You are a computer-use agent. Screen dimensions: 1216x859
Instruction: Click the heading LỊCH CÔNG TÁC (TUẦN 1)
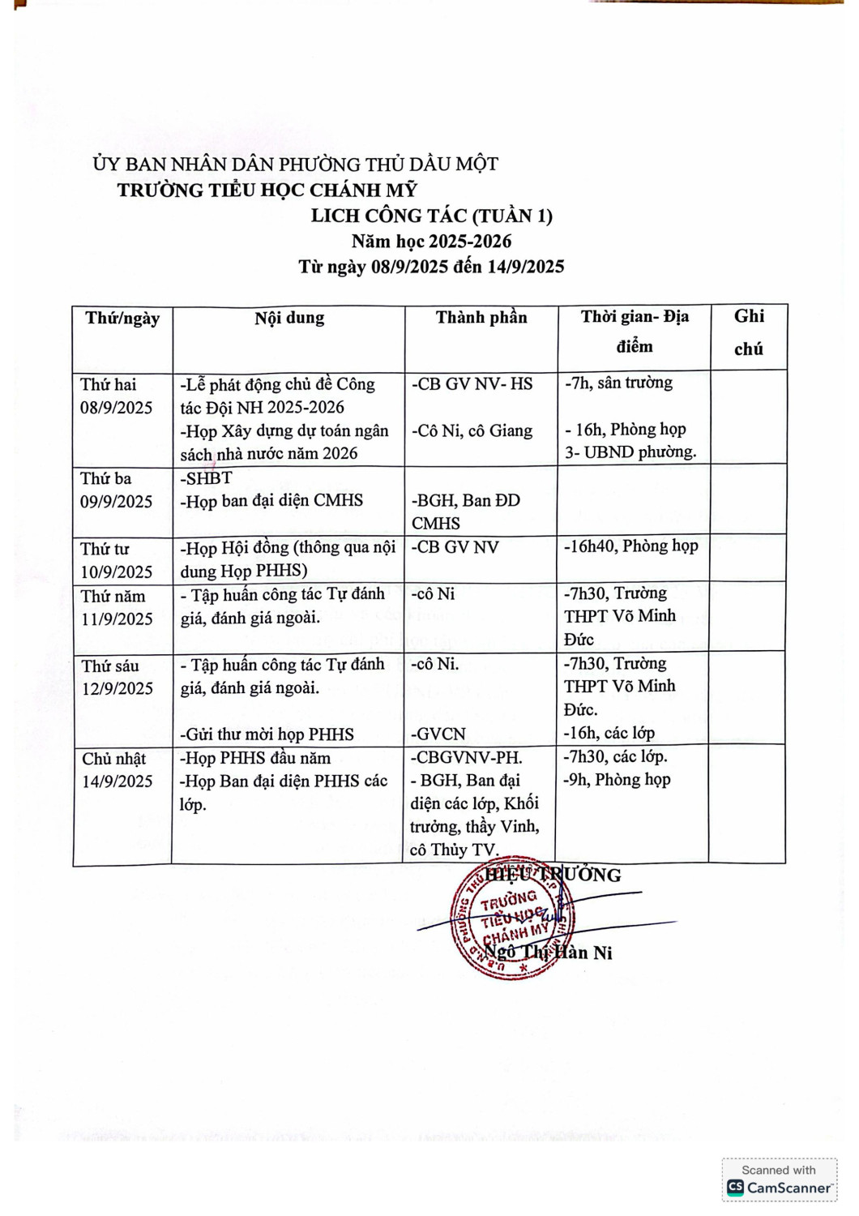coord(431,216)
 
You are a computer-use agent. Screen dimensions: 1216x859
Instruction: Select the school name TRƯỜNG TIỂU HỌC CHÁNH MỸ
coord(267,191)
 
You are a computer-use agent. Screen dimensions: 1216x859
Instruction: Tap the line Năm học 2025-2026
coord(431,241)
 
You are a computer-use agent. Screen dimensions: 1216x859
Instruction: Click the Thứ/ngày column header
coord(122,319)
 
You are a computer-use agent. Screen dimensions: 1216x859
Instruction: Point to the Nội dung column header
coord(289,319)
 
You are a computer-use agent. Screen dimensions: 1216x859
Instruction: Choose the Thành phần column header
coord(481,318)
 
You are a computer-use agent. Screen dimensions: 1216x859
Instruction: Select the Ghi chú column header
coord(749,332)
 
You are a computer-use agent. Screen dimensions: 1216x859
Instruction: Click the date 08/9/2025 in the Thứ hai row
coord(116,408)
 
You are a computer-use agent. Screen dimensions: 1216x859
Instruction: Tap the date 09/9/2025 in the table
coord(116,502)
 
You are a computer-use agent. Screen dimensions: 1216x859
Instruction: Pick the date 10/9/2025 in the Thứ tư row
coord(116,572)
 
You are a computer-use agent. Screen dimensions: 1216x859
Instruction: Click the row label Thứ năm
coord(113,596)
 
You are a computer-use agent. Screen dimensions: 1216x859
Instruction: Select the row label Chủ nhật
coord(113,759)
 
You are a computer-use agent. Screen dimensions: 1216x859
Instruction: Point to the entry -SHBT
coord(206,478)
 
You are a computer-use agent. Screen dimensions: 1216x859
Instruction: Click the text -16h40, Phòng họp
coord(630,546)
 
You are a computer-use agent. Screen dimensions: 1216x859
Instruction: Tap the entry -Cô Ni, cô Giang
coord(472,431)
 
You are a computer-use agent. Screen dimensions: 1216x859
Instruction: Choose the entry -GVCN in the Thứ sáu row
coord(438,734)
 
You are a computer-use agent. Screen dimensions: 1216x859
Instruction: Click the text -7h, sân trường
coord(618,383)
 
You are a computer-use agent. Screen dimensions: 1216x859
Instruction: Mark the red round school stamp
coord(512,918)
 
